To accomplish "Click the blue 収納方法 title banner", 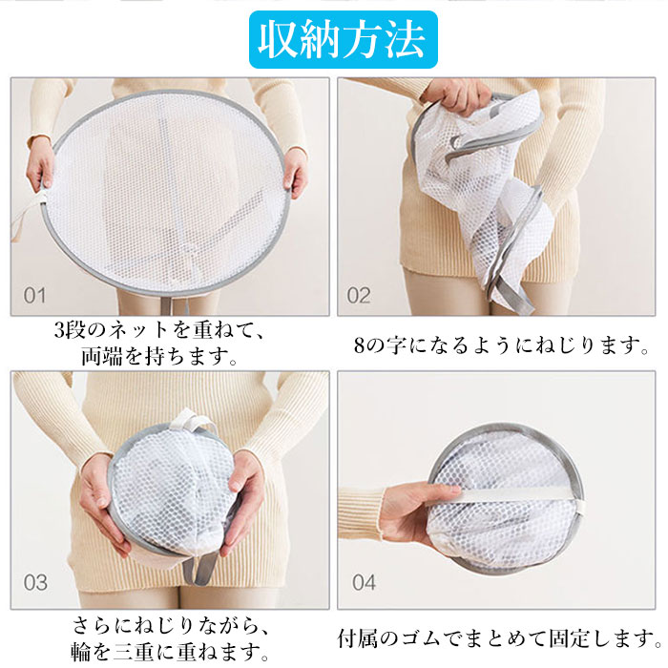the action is point(343,39).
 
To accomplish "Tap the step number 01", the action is point(34,296).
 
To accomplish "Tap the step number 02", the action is point(358,296).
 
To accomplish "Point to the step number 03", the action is point(35,582).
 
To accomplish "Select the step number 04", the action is point(364,582).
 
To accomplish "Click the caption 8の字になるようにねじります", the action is point(501,345).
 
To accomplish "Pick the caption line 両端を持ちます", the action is point(159,356).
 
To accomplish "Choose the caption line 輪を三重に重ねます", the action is point(170,652).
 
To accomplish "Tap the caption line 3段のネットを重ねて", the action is point(159,330).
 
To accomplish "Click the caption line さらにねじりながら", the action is point(171,625).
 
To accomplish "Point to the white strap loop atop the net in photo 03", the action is point(193,421).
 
